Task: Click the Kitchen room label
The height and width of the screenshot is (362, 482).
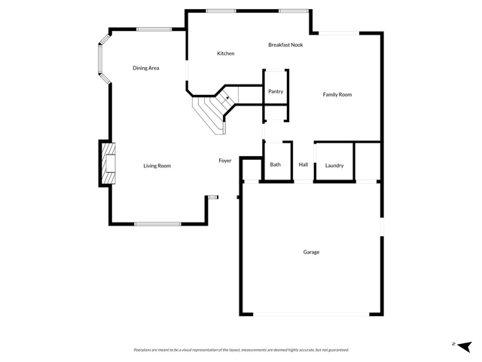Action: (226, 54)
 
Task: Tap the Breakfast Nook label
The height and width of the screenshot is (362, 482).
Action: (286, 45)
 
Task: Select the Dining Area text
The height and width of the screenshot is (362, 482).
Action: (146, 69)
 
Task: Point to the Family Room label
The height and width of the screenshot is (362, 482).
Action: (337, 94)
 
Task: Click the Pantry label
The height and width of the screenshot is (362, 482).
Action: (276, 91)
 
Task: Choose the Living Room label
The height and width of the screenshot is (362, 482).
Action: (157, 166)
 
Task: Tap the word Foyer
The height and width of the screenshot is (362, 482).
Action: (225, 161)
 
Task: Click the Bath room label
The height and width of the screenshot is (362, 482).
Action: (276, 164)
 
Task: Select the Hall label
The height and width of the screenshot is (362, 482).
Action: (304, 164)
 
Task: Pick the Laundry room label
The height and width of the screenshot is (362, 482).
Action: (334, 165)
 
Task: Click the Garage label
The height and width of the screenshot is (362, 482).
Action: (311, 252)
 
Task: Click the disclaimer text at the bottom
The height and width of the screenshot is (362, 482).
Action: (241, 350)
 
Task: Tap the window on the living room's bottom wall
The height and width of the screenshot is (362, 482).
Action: (157, 224)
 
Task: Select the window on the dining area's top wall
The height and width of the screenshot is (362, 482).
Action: (154, 29)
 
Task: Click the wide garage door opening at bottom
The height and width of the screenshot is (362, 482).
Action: (311, 314)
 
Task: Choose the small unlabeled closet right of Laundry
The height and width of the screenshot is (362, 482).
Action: (368, 161)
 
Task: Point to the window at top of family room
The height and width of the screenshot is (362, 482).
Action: (338, 32)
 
